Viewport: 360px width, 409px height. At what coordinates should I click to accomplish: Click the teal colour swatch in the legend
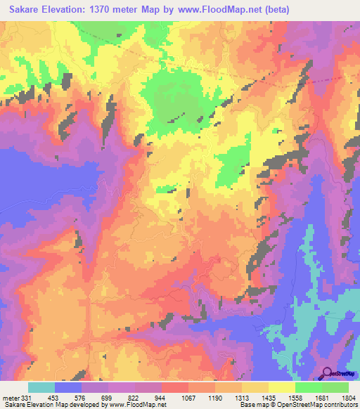pos(41,387)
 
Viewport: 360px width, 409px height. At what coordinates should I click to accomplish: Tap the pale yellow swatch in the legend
pos(281,387)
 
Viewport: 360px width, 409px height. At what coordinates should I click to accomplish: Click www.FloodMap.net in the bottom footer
pos(137,405)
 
